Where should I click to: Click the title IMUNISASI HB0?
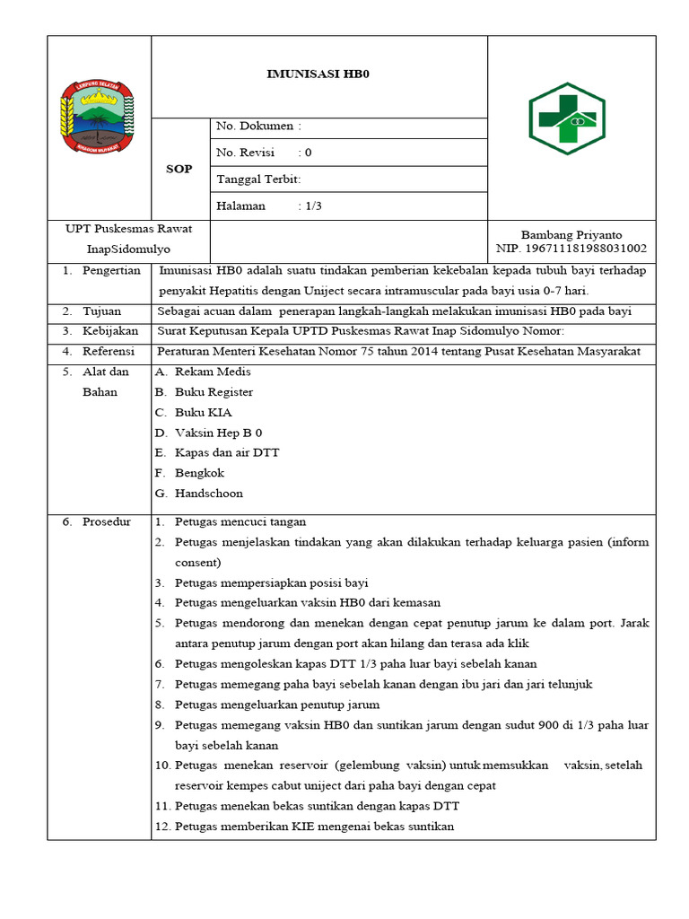click(x=318, y=75)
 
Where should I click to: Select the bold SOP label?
click(x=179, y=169)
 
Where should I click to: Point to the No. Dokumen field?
click(x=258, y=127)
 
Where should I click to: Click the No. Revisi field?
click(x=264, y=153)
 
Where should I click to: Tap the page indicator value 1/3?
click(x=313, y=206)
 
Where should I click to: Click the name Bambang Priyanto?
click(x=571, y=235)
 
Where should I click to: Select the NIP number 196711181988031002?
click(x=571, y=249)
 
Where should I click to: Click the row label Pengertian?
click(x=111, y=270)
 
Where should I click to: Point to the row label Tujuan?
click(x=101, y=311)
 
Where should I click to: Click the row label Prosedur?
click(x=107, y=521)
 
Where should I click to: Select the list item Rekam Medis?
click(x=213, y=372)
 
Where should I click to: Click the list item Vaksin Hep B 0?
click(x=218, y=433)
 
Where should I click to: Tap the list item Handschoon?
click(x=208, y=494)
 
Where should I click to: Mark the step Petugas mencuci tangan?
click(x=240, y=521)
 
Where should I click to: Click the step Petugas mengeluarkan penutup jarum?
click(x=276, y=705)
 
